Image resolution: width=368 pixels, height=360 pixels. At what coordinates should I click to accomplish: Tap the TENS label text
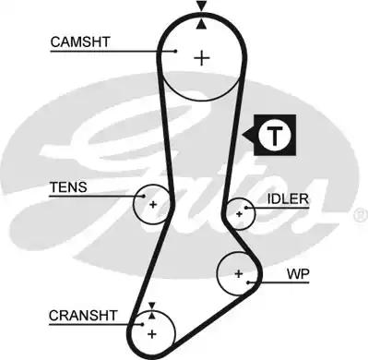pyautogui.click(x=68, y=187)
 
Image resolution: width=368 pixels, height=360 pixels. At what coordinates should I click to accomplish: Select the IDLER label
pyautogui.click(x=289, y=198)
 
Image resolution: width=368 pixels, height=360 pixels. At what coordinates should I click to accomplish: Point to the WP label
pyautogui.click(x=297, y=275)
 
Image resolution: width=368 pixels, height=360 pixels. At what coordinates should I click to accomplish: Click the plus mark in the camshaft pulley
pyautogui.click(x=201, y=57)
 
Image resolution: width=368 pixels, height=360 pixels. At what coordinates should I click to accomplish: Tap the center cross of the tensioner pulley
pyautogui.click(x=153, y=203)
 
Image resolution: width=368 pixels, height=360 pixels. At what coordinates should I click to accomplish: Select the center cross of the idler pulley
pyautogui.click(x=239, y=212)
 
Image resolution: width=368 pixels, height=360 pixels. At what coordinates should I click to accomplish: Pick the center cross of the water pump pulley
pyautogui.click(x=239, y=274)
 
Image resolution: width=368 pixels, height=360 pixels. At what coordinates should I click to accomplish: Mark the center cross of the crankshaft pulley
pyautogui.click(x=152, y=331)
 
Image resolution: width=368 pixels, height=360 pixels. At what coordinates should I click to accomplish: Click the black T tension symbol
pyautogui.click(x=272, y=136)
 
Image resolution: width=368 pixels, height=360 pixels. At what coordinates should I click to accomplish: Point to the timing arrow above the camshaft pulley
pyautogui.click(x=201, y=8)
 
